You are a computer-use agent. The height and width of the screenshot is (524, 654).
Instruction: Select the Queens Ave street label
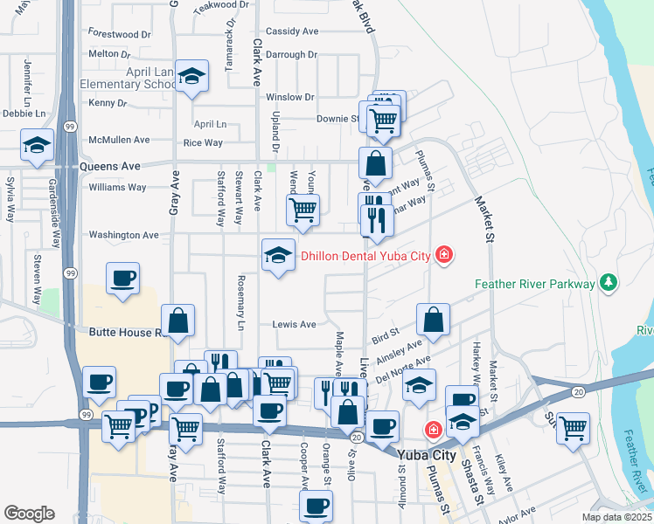coord(110,166)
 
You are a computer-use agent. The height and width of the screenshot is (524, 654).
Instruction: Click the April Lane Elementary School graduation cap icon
coord(191,76)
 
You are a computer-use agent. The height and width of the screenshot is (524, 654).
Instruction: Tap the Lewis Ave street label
coord(294,324)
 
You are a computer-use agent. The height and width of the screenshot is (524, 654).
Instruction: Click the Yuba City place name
coord(426,456)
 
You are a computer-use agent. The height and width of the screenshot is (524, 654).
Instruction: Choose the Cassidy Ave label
coord(292,31)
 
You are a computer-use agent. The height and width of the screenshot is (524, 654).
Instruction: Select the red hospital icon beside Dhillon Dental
coord(444,255)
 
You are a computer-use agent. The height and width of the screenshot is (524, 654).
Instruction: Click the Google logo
coord(29,513)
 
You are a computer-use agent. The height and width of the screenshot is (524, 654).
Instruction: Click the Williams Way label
coord(117,187)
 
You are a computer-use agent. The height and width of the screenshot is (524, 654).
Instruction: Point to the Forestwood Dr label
coord(120,34)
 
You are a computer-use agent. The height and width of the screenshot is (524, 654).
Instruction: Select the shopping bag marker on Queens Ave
coord(375,162)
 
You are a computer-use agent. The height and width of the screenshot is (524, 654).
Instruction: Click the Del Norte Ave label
coord(404,369)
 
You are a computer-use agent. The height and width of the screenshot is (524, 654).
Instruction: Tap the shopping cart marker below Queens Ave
coord(303,209)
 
